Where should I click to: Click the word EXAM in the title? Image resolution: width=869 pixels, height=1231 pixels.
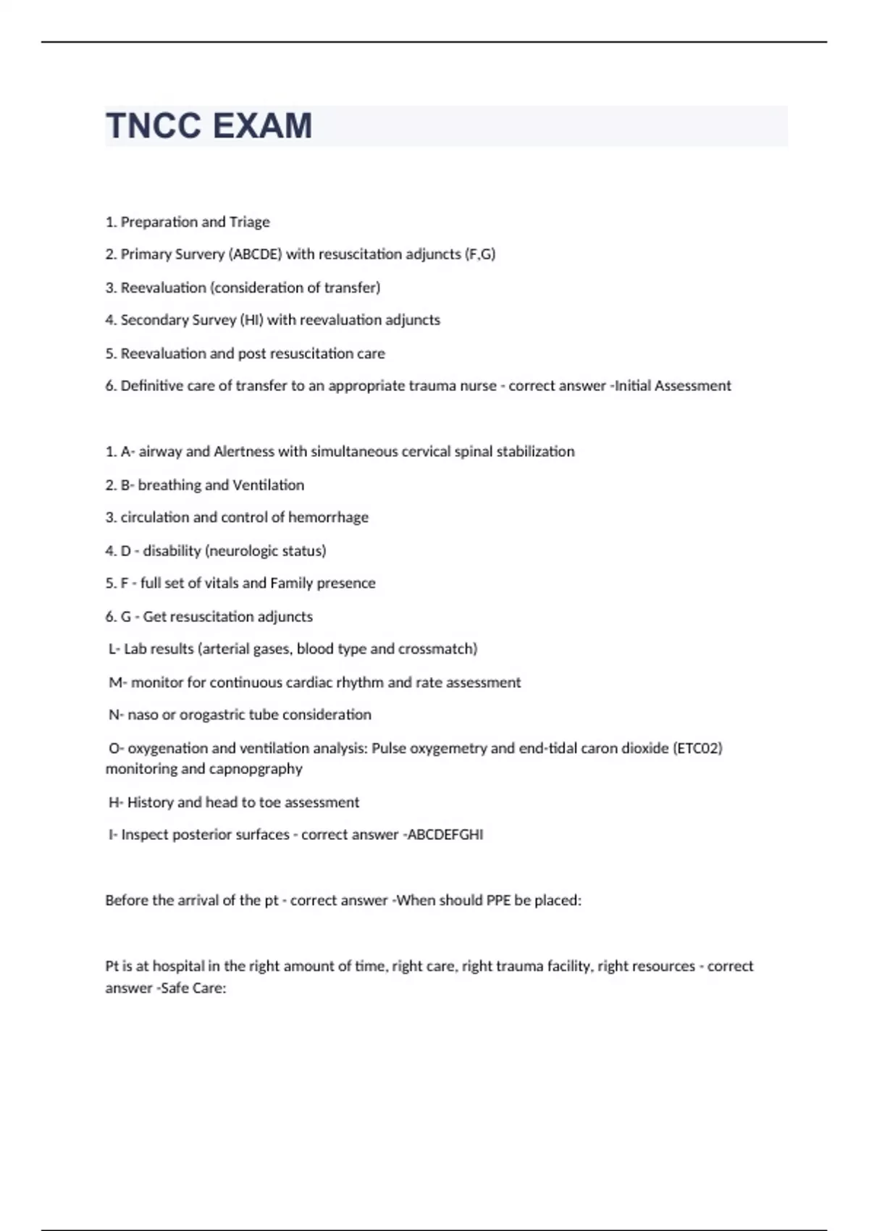point(263,126)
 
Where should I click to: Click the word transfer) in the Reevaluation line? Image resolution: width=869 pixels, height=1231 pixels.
point(352,287)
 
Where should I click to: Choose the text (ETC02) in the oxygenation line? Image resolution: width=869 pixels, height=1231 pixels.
point(697,748)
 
